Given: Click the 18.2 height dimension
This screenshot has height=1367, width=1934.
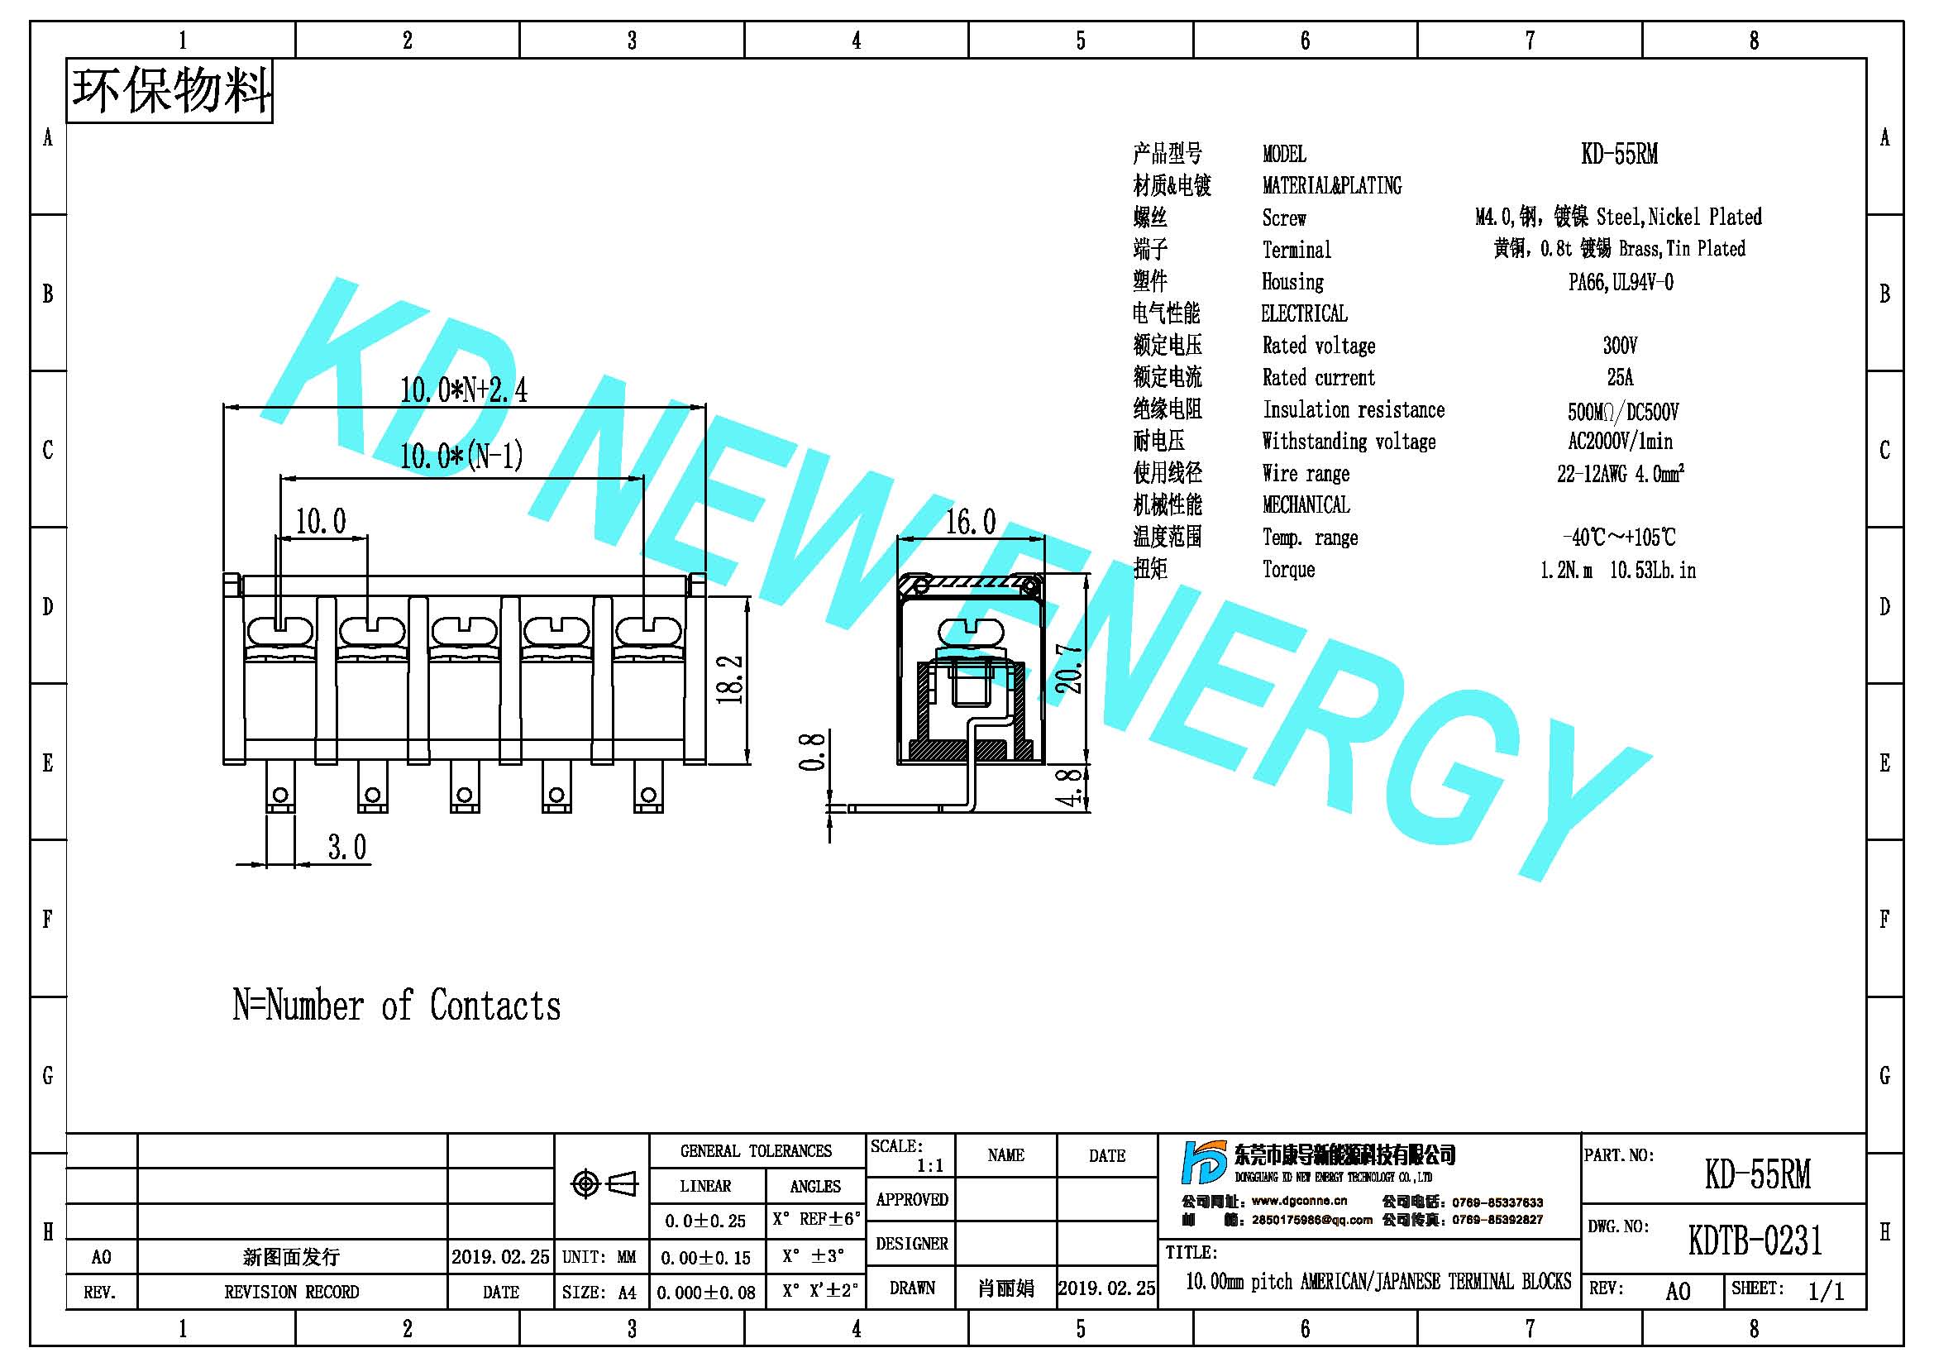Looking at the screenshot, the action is [731, 679].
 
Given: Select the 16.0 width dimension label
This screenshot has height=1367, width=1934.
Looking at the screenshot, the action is [971, 522].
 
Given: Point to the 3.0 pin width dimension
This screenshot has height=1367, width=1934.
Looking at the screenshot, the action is [347, 847].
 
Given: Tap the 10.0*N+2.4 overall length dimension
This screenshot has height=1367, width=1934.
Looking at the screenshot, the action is [463, 390].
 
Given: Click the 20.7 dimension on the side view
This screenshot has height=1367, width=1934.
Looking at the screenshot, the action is [1069, 669].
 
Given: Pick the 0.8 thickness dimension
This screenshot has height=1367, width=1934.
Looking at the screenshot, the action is [811, 751].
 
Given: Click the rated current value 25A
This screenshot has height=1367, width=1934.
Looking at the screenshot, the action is [1620, 376].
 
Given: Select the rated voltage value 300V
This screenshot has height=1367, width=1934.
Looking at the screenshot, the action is [1620, 346].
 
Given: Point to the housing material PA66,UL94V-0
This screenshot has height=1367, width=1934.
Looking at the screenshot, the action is [1621, 282].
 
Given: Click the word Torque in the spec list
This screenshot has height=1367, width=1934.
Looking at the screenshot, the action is [1289, 569].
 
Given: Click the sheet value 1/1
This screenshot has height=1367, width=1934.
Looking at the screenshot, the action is [1826, 1291].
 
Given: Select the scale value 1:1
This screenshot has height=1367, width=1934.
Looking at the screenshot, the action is [930, 1166].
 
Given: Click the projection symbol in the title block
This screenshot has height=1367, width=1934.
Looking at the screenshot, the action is [604, 1184].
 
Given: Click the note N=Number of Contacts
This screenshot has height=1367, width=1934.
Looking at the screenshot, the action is [397, 1006].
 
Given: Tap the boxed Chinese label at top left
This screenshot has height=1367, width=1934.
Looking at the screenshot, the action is [170, 90].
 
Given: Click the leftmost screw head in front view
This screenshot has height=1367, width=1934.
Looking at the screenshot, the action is [279, 631].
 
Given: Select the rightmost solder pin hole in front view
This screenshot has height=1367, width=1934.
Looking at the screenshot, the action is [647, 795].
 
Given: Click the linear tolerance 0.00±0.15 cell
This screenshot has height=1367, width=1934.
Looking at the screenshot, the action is [706, 1258].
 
